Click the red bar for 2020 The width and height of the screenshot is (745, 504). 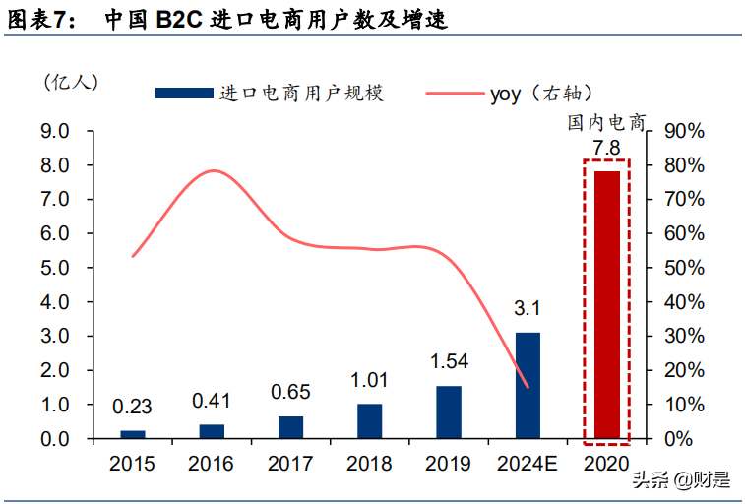[x=606, y=304]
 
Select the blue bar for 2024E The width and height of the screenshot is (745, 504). [x=528, y=385]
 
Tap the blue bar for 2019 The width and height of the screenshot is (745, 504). [x=448, y=411]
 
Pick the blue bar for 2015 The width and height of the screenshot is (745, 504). [x=132, y=434]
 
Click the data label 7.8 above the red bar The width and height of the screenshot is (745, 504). [x=606, y=149]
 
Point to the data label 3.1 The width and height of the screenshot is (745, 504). [x=528, y=309]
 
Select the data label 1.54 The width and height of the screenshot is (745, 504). [x=448, y=361]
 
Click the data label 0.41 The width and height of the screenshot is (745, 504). [x=211, y=401]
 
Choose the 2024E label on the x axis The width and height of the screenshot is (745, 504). [x=528, y=464]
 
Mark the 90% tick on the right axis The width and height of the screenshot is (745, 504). [x=684, y=131]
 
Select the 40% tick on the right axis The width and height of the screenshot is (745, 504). [x=684, y=302]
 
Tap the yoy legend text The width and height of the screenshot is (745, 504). [x=506, y=94]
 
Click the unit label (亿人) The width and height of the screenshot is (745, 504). [x=70, y=81]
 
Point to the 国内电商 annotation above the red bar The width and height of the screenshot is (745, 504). [x=605, y=123]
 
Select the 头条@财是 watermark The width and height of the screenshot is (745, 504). [x=681, y=480]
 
